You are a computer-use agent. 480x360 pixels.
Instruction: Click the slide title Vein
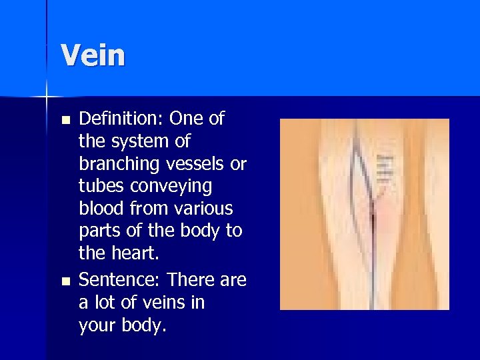click(x=93, y=55)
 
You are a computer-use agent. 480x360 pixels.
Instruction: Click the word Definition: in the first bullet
click(x=121, y=119)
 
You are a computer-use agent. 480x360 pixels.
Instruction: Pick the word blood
click(x=100, y=209)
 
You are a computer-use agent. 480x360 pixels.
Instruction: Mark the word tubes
click(x=100, y=187)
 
